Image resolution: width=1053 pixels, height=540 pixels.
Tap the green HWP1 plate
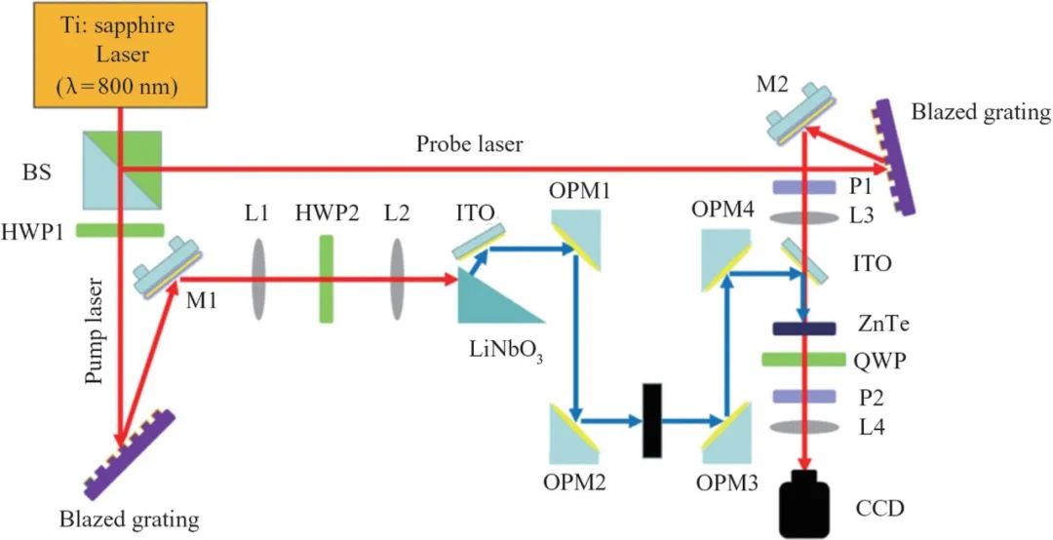(118, 230)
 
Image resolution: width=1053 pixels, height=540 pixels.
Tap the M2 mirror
(800, 117)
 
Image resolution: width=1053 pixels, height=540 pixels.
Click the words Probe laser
(469, 145)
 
